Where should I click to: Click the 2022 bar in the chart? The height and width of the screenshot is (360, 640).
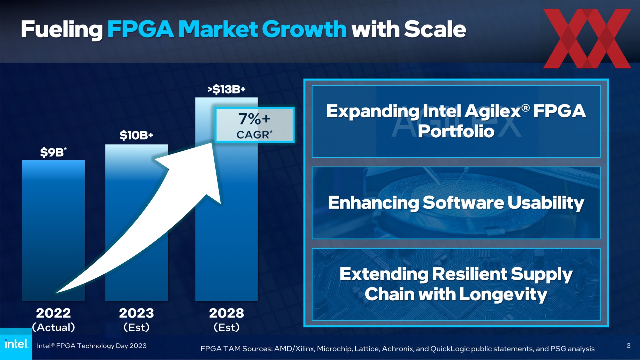pyautogui.click(x=53, y=230)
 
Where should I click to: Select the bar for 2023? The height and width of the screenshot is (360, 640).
pyautogui.click(x=136, y=222)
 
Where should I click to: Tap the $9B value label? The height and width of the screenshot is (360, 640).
pyautogui.click(x=53, y=152)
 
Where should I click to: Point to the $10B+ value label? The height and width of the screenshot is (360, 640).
pyautogui.click(x=136, y=135)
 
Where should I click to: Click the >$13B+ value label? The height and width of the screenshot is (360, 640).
pyautogui.click(x=226, y=89)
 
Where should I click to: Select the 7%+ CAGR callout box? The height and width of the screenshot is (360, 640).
pyautogui.click(x=255, y=125)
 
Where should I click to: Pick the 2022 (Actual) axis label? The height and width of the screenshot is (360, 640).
pyautogui.click(x=53, y=320)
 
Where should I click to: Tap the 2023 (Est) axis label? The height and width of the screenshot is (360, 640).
pyautogui.click(x=136, y=320)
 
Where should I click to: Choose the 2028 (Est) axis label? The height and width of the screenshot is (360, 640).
pyautogui.click(x=226, y=320)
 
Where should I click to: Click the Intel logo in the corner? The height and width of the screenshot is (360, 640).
pyautogui.click(x=16, y=344)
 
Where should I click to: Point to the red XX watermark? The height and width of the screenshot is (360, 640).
pyautogui.click(x=587, y=38)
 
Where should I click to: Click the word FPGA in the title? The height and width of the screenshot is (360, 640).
pyautogui.click(x=140, y=29)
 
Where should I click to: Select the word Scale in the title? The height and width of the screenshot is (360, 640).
pyautogui.click(x=435, y=29)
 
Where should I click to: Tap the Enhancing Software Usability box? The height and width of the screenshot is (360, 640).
pyautogui.click(x=456, y=203)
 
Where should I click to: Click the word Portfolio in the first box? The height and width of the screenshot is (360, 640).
pyautogui.click(x=456, y=131)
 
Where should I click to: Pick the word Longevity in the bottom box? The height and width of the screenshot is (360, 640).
pyautogui.click(x=503, y=295)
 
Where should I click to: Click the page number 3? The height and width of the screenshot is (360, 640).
pyautogui.click(x=628, y=346)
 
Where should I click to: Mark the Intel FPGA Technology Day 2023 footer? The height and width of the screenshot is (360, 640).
pyautogui.click(x=92, y=346)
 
